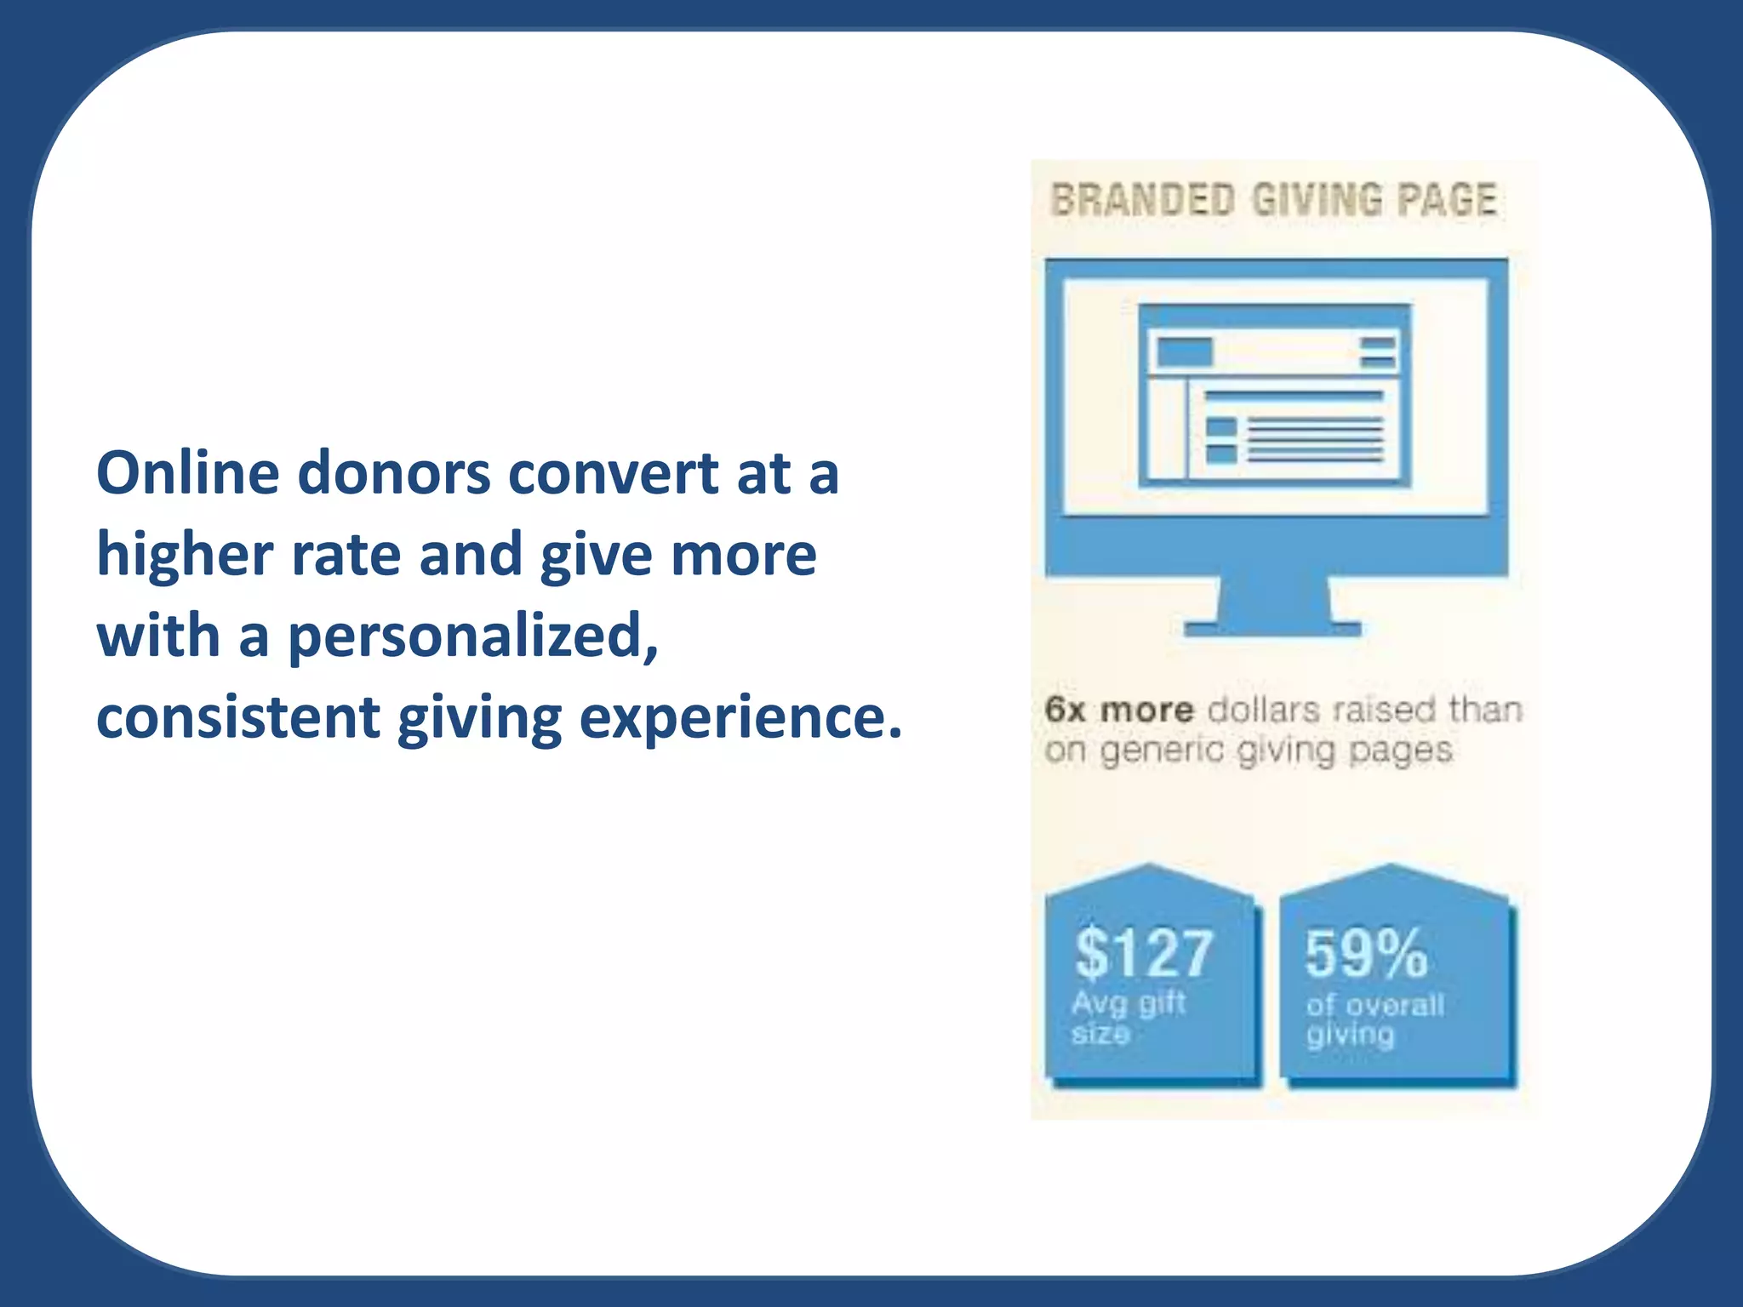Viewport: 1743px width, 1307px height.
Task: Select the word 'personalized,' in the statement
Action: pos(472,638)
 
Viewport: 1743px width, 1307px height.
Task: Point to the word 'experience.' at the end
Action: pos(740,717)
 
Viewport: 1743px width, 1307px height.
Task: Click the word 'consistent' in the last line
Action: pos(237,717)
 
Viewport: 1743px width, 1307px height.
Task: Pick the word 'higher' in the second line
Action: pos(185,555)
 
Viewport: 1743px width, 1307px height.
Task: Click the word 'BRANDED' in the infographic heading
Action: pos(1143,201)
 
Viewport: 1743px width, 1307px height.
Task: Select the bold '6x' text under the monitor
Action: pos(1065,710)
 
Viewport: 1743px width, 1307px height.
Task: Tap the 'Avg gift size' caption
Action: pos(1128,1018)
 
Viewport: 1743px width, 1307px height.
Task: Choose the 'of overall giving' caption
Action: pos(1374,1019)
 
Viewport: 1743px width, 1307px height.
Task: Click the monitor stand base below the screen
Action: pos(1272,630)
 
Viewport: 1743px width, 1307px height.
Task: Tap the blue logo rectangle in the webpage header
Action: pos(1185,351)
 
